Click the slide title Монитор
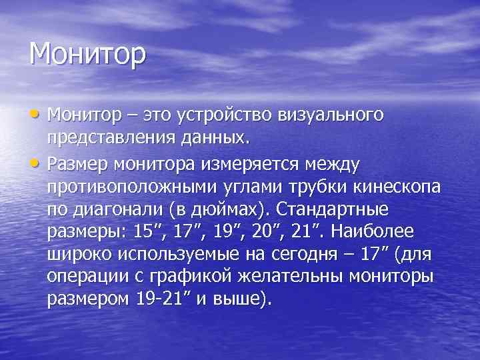[87, 54]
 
